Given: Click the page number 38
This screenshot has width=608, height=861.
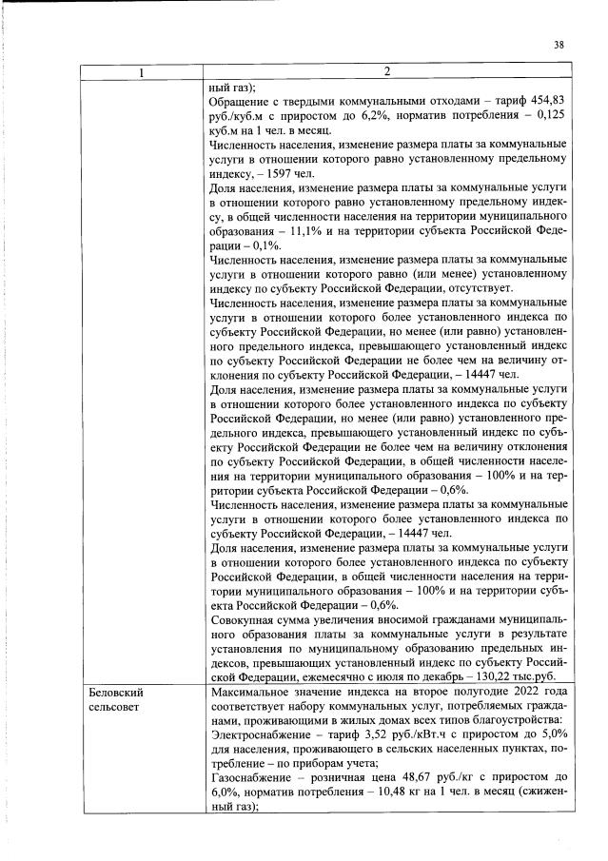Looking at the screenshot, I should pos(559,44).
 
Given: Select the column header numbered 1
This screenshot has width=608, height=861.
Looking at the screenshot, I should pos(143,71).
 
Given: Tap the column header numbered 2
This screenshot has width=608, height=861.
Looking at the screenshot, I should pos(388,71).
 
